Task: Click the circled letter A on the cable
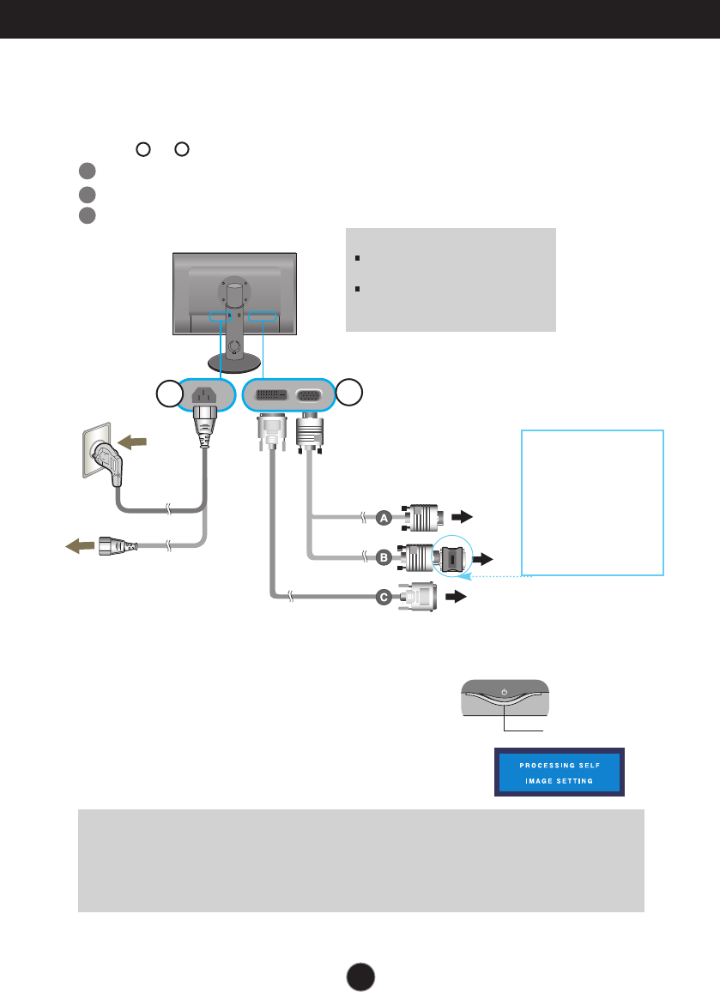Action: [384, 517]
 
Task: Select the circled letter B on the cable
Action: [384, 558]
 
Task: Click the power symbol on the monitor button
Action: [505, 692]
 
